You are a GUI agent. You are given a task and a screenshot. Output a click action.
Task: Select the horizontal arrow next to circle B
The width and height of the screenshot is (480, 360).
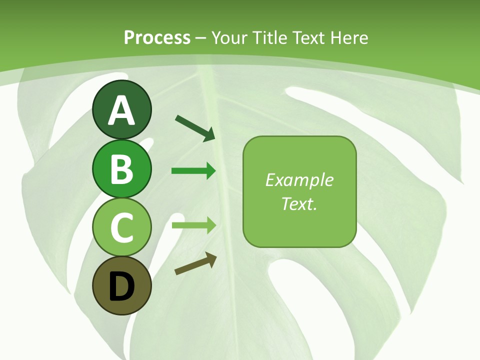193,171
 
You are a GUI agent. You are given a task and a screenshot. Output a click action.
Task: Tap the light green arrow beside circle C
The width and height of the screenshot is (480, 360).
194,225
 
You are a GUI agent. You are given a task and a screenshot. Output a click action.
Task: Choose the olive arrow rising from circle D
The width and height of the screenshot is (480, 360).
195,264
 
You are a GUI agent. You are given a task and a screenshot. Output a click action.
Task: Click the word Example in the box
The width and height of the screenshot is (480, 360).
299,180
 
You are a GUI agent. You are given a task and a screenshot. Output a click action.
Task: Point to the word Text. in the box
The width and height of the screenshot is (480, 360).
299,204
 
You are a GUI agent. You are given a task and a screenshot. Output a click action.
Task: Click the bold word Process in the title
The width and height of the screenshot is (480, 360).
157,37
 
